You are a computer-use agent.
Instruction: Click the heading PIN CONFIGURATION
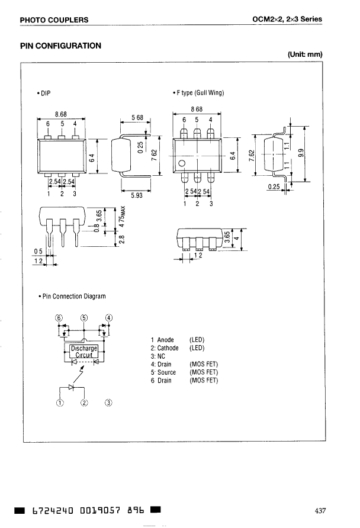[60, 46]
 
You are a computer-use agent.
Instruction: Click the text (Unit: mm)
[304, 55]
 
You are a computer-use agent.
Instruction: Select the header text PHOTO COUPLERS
[54, 20]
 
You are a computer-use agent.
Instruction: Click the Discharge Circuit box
[83, 352]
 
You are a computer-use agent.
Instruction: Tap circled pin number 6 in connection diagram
[59, 317]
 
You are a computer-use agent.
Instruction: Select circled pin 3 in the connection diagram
[108, 404]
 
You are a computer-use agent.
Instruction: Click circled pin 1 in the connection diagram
[59, 404]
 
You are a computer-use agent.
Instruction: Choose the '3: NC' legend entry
[157, 356]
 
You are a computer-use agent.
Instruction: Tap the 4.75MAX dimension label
[123, 221]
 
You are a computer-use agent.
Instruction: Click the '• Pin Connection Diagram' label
[71, 296]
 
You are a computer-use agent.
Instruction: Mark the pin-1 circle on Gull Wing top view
[182, 164]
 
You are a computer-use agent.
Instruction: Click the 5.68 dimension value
[137, 118]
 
